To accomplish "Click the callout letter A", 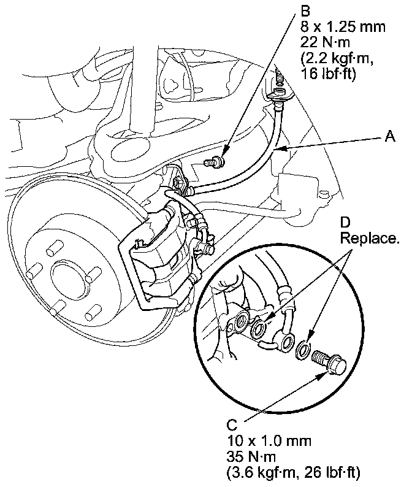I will click(x=389, y=138).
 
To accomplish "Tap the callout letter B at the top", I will click(x=305, y=10).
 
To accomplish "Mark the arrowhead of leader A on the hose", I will click(x=276, y=149).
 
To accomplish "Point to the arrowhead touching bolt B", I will click(x=225, y=158).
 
